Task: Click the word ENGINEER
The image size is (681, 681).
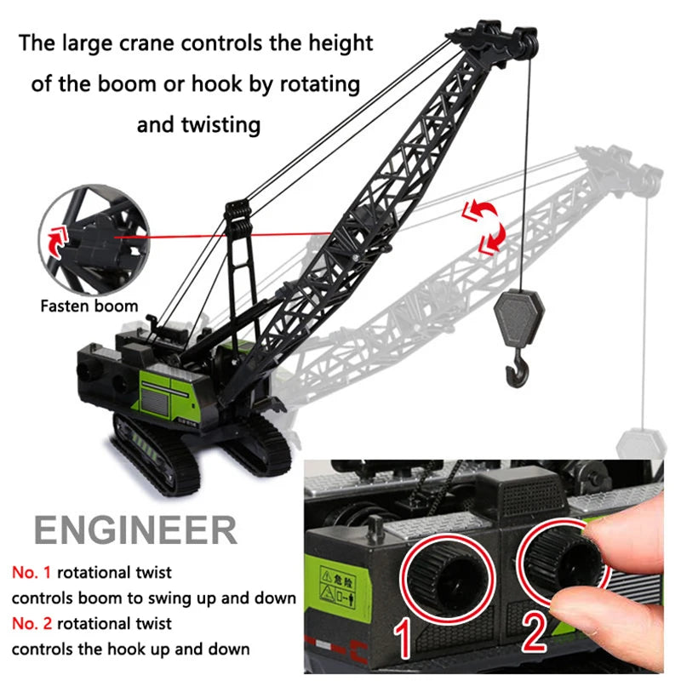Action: [x=136, y=529]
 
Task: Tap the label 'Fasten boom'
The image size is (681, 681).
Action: [x=89, y=305]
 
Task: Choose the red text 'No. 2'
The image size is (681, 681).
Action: [x=34, y=624]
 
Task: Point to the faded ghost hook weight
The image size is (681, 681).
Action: [x=640, y=444]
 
